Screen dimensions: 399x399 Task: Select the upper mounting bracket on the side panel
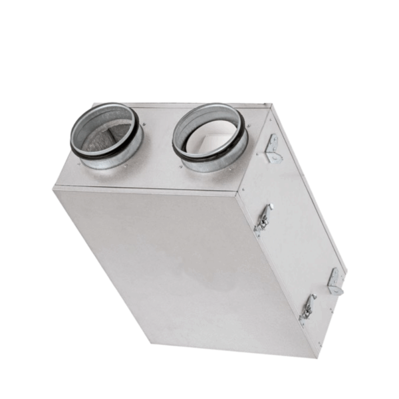pyautogui.click(x=272, y=148)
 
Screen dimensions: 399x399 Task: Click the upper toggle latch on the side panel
pyautogui.click(x=263, y=217)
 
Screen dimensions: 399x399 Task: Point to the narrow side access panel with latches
pyautogui.click(x=296, y=219)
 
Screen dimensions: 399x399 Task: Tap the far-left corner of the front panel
pyautogui.click(x=54, y=190)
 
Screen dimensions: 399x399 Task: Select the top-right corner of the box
pyautogui.click(x=269, y=104)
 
